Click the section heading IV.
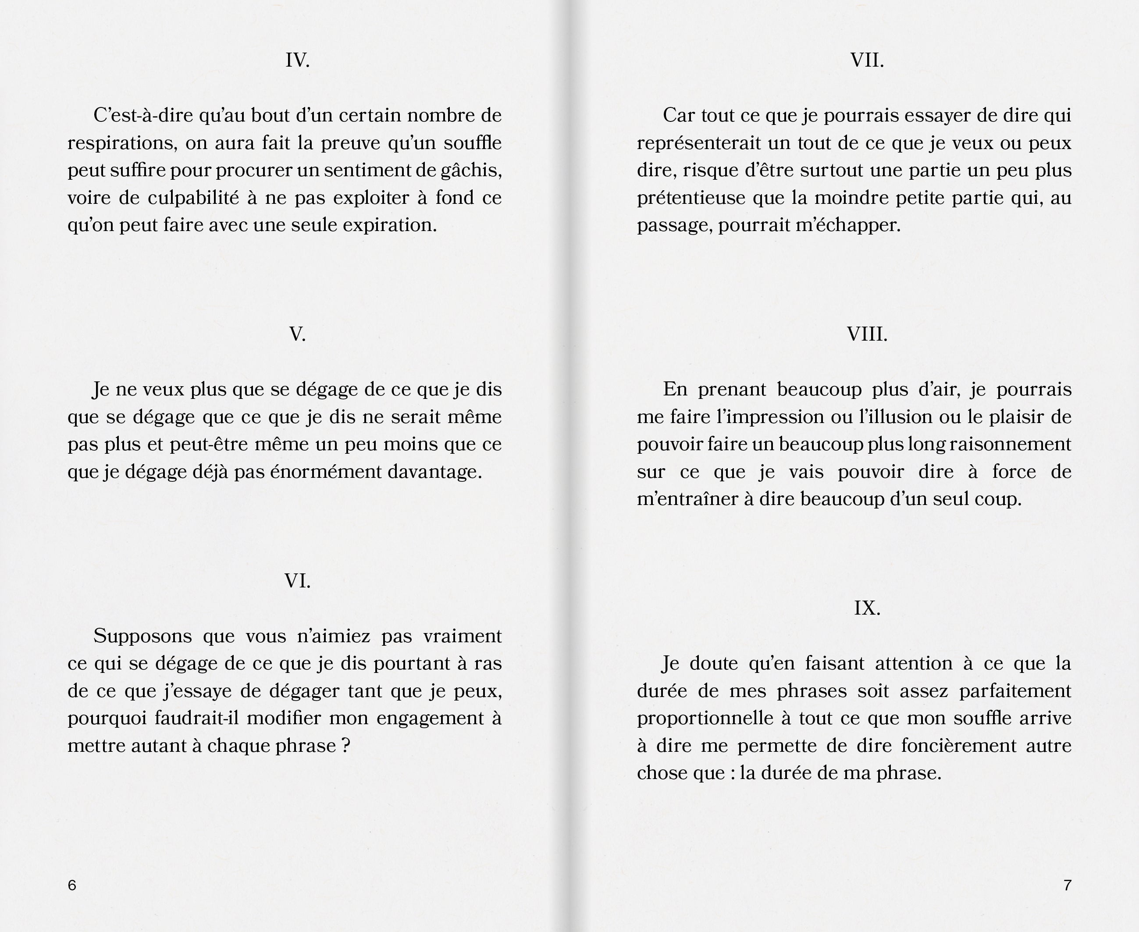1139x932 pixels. pos(297,60)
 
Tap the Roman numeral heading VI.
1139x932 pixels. pos(297,581)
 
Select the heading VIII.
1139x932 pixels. pos(867,334)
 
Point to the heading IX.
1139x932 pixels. pos(867,608)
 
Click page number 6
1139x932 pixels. pos(72,885)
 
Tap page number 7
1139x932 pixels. pos(1067,885)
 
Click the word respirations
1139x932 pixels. pos(122,143)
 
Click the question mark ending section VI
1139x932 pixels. pos(345,746)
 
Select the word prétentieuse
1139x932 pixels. pos(691,198)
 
